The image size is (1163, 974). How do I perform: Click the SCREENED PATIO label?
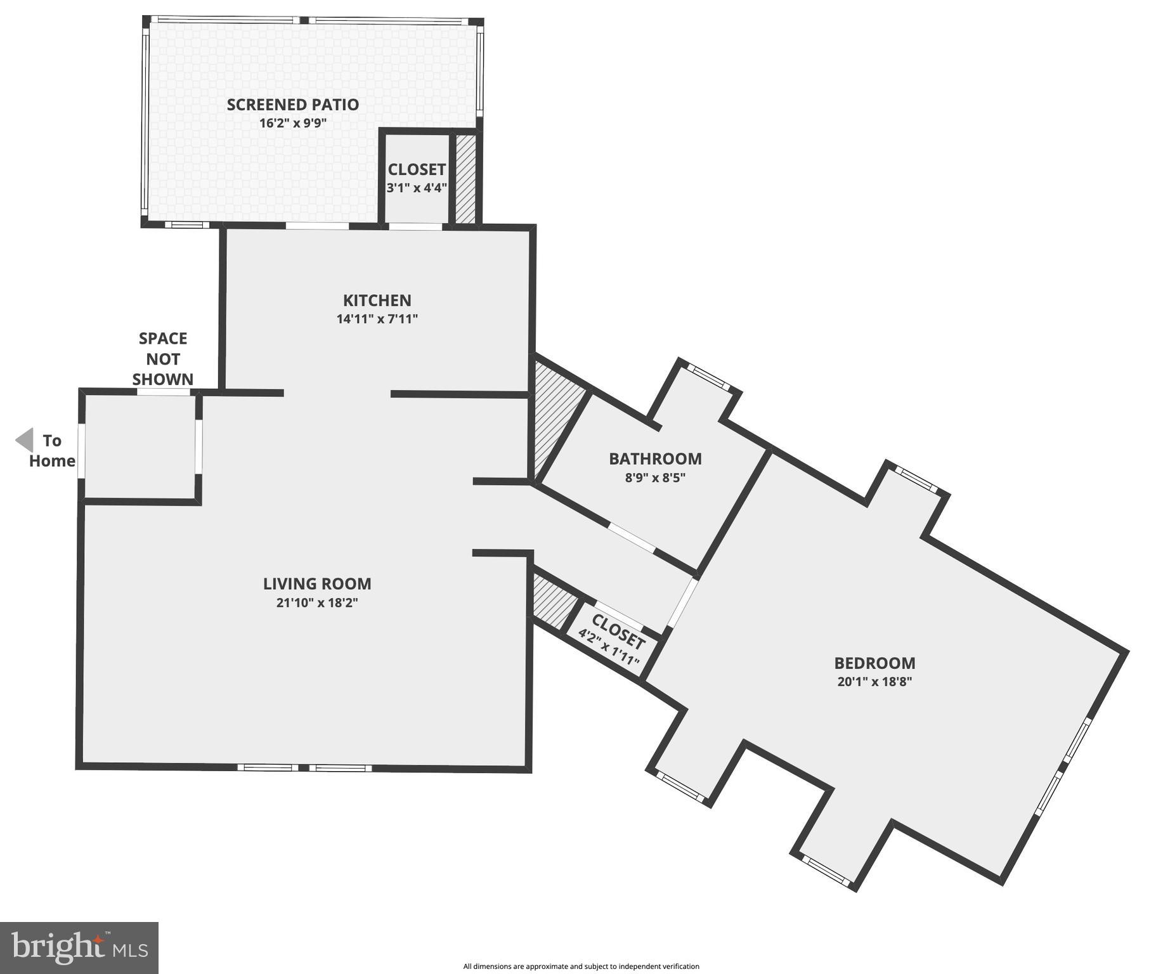(292, 105)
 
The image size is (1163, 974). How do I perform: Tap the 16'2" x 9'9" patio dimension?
(292, 123)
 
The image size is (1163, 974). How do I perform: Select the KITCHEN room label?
(377, 301)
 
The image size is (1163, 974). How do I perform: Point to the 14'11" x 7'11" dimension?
(377, 319)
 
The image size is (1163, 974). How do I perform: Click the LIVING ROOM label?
(317, 584)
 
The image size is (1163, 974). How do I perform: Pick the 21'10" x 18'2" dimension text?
(317, 602)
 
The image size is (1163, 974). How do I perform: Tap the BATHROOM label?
(655, 459)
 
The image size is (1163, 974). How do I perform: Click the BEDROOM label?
(874, 663)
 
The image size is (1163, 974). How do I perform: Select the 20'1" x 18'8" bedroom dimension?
(874, 682)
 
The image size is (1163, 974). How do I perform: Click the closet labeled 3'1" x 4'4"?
(417, 178)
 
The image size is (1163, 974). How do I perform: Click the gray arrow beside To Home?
(25, 440)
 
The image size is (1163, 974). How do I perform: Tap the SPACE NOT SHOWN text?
(163, 359)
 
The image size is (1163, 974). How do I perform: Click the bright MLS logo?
(79, 947)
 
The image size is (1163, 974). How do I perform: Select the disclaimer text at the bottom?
(581, 966)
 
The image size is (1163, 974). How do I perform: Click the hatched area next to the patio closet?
(465, 178)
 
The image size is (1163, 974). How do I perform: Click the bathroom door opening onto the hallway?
(632, 537)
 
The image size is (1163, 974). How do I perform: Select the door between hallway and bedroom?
(684, 602)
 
